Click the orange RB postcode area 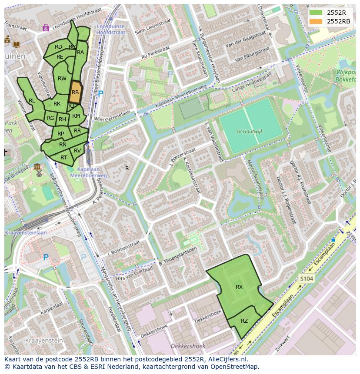point(75,92)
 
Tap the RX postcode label point(239,287)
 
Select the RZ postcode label point(244,321)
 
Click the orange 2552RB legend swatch point(316,21)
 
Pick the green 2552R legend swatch point(316,13)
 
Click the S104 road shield point(306,278)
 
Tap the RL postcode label point(32,101)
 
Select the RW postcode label point(62,79)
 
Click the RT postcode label point(64,158)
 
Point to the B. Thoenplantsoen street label point(178,256)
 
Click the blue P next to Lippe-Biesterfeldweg point(100,93)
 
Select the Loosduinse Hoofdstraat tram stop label point(110,29)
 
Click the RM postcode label point(76,116)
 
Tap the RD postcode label point(58,47)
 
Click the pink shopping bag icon point(46,28)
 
